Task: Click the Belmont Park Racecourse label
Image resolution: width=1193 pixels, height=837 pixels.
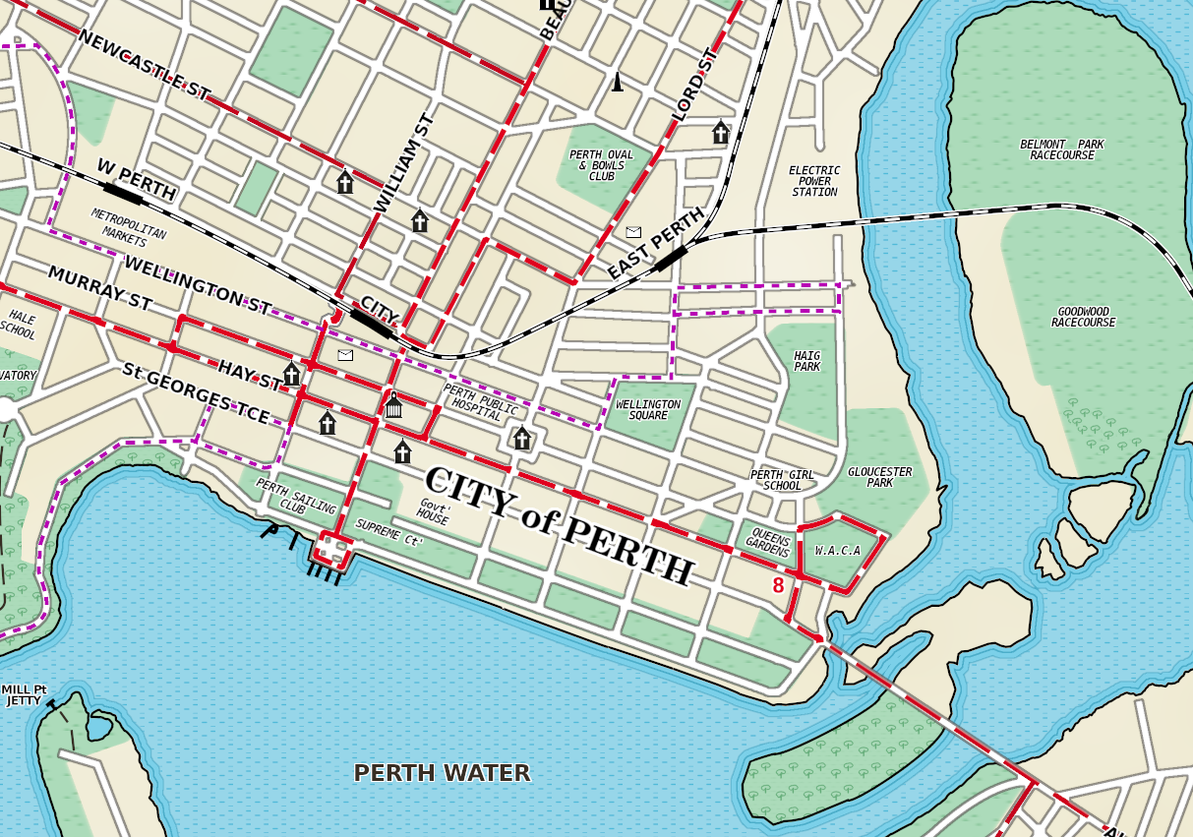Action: click(1061, 149)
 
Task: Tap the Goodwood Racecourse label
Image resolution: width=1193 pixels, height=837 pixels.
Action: click(1083, 317)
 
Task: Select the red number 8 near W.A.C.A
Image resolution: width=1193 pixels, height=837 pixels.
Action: click(778, 585)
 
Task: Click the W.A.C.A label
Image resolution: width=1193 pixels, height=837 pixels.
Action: click(838, 551)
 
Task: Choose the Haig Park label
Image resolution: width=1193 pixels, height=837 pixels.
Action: click(806, 361)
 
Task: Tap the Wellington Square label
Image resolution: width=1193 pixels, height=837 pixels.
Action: click(648, 409)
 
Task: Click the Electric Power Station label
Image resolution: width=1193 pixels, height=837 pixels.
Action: click(814, 181)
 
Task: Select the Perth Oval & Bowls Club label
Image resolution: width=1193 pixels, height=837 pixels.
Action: click(601, 165)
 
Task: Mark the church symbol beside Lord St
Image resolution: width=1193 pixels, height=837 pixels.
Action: click(720, 133)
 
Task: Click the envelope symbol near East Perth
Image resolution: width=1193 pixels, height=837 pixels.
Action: click(633, 232)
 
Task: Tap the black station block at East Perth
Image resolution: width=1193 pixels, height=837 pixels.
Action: click(670, 258)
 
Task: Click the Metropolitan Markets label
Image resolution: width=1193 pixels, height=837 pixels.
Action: click(129, 226)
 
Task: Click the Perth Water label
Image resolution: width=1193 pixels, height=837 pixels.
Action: click(442, 773)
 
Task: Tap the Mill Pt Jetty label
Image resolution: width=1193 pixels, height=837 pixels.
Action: click(24, 695)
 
